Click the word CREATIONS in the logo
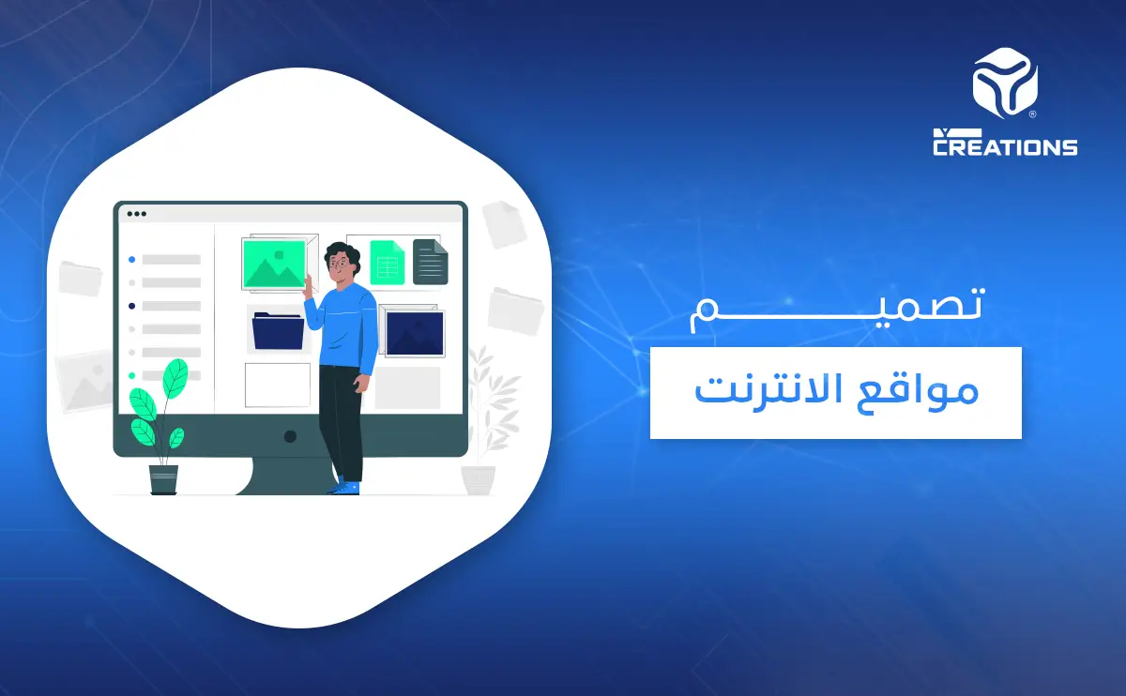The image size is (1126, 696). pyautogui.click(x=1005, y=146)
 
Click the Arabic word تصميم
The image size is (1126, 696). pyautogui.click(x=835, y=309)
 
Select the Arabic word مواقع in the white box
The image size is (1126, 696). pyautogui.click(x=928, y=391)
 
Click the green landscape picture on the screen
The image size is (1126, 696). pyautogui.click(x=274, y=264)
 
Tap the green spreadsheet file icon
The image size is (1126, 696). pyautogui.click(x=386, y=262)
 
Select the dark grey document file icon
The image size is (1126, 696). pyautogui.click(x=431, y=262)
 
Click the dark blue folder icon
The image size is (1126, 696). pyautogui.click(x=278, y=330)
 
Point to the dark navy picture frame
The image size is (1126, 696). pyautogui.click(x=415, y=333)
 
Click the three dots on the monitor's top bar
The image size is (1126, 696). pyautogui.click(x=137, y=214)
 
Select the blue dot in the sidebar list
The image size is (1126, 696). pyautogui.click(x=132, y=259)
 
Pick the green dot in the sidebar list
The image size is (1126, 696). pyautogui.click(x=132, y=375)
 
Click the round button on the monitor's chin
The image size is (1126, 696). pyautogui.click(x=290, y=436)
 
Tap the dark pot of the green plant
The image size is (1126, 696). pyautogui.click(x=163, y=479)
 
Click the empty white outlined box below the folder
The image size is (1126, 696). pyautogui.click(x=277, y=385)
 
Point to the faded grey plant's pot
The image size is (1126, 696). pyautogui.click(x=478, y=479)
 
